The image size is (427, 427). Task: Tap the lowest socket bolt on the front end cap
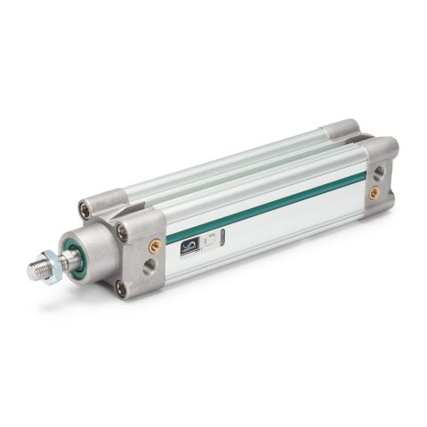tap(121, 286)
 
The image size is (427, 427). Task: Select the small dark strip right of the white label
tap(223, 235)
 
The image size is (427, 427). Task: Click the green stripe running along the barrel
tap(267, 207)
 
